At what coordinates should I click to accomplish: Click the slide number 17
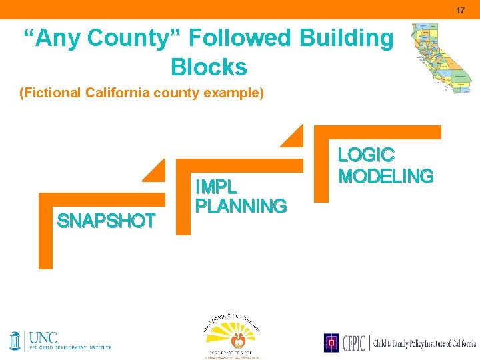pos(460,10)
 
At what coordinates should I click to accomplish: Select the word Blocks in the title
pos(209,67)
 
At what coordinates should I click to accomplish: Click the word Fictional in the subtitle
pos(51,93)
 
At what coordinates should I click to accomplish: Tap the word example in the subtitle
pos(238,93)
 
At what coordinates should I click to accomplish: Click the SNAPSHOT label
pos(107,221)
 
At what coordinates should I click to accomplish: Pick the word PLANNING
pos(241,206)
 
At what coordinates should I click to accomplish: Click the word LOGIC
pos(366,155)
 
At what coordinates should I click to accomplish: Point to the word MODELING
pos(385,176)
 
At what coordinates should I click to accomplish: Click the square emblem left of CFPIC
pos(331,343)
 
